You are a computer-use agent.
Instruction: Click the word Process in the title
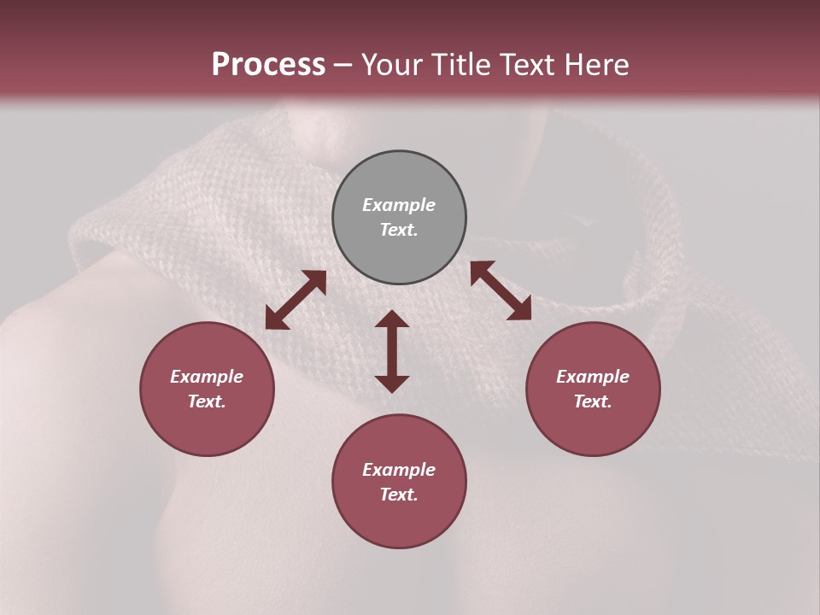[x=268, y=65]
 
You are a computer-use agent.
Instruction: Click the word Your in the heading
[x=392, y=65]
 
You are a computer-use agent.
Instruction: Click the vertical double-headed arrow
[x=392, y=351]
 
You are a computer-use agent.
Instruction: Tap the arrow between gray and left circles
[x=296, y=300]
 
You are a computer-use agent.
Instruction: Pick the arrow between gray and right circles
[x=501, y=290]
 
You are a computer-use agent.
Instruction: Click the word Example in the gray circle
[x=399, y=205]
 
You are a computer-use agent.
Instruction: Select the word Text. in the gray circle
[x=399, y=230]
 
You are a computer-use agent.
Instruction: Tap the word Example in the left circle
[x=207, y=377]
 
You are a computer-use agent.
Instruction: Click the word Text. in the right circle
[x=593, y=401]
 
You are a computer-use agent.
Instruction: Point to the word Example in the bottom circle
[x=399, y=470]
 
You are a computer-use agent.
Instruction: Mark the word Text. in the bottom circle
[x=399, y=495]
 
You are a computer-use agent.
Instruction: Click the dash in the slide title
[x=343, y=65]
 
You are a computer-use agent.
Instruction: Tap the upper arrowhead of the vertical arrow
[x=392, y=319]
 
